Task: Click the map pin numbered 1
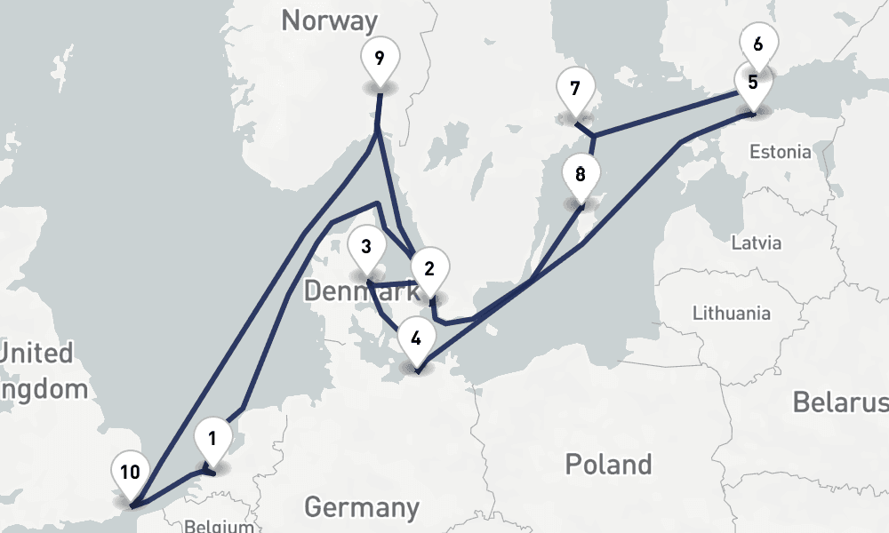coord(212,439)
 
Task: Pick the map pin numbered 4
coord(416,338)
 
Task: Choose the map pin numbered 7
coord(575,90)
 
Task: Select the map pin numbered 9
coord(380,60)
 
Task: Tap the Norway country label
coord(330,20)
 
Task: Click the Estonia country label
coord(780,152)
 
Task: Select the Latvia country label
coord(756,243)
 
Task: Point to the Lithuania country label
coord(732,313)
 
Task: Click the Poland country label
coord(609,464)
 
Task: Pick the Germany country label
coord(362,507)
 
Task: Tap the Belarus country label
coord(839,402)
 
